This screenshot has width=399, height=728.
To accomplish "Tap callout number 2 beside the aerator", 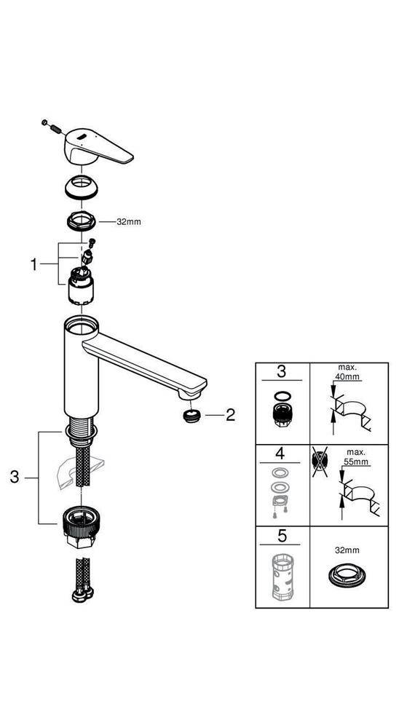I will click(x=231, y=416).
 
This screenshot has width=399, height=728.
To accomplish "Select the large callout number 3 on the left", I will click(x=14, y=478).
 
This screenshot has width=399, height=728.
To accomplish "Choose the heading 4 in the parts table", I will click(x=283, y=457).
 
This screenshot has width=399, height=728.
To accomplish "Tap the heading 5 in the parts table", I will click(x=283, y=539).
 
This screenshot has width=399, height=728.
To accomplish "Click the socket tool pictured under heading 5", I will click(x=283, y=579).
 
